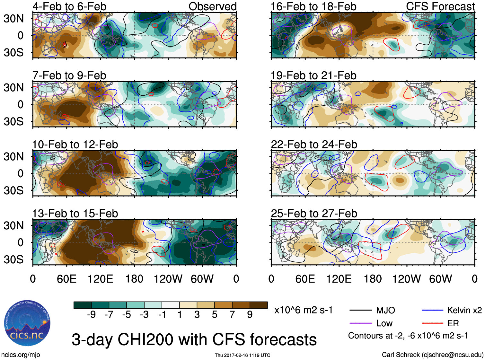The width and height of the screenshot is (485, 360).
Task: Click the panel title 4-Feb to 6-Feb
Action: pos(69,6)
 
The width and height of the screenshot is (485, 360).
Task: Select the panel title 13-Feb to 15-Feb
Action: pos(75,214)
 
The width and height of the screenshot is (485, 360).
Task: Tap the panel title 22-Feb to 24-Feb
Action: pos(314,145)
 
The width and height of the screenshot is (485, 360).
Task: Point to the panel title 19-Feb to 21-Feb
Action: pos(313,75)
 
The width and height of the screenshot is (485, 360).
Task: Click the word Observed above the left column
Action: pos(212,6)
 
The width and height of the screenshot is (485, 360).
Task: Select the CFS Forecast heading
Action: pos(440,6)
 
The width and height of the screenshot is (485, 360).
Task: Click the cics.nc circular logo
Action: pos(27,323)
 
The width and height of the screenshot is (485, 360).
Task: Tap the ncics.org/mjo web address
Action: pos(21,355)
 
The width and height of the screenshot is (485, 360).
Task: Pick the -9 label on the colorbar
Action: pos(91,315)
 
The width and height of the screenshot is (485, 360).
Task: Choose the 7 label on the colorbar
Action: pos(232,315)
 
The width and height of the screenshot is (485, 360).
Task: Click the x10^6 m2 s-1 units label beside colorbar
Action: pos(303,310)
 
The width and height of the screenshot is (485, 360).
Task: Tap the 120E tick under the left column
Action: pos(101,279)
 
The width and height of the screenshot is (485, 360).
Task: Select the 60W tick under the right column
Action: pos(440,279)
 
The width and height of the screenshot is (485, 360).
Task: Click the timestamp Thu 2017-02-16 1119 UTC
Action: pos(242,355)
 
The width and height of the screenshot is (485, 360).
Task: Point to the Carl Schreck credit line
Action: pos(432,355)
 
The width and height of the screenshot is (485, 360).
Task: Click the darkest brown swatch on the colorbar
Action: pos(259,305)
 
